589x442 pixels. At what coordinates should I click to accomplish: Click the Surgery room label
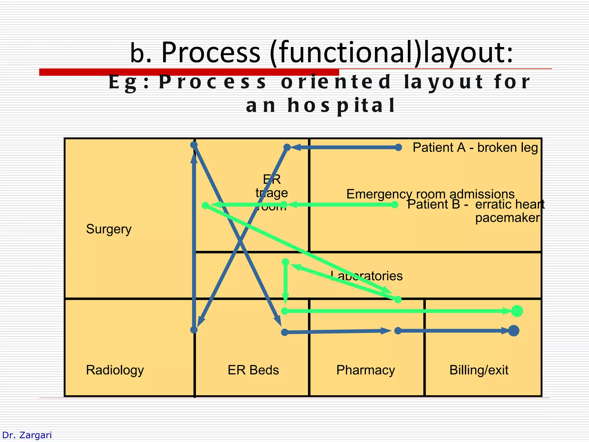tap(109, 229)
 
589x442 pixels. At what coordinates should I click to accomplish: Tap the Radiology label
tap(115, 370)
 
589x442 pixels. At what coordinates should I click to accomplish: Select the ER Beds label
tap(253, 370)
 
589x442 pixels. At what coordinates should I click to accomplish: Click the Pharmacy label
tap(366, 370)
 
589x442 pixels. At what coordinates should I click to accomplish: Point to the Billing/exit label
tap(479, 370)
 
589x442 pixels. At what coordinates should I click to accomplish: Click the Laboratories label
tap(367, 276)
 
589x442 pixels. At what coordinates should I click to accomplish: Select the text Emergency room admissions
tap(430, 194)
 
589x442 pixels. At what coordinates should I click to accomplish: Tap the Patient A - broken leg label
tap(475, 148)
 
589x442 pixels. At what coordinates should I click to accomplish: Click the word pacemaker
tap(507, 218)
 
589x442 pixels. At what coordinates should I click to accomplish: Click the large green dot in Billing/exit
tap(517, 311)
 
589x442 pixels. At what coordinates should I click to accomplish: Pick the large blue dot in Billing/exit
tap(514, 331)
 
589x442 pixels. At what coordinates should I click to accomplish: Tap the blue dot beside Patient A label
tap(398, 148)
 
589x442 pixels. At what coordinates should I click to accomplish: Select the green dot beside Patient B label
tap(395, 205)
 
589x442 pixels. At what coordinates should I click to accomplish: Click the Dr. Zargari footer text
tap(27, 435)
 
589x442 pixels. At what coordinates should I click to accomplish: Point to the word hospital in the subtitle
tap(341, 105)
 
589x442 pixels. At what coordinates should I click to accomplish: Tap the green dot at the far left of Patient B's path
tap(205, 205)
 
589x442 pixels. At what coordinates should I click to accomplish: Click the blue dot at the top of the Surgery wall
tap(194, 145)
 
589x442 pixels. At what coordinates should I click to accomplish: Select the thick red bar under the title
tap(189, 72)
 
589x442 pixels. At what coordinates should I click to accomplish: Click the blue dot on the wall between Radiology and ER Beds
tap(194, 330)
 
